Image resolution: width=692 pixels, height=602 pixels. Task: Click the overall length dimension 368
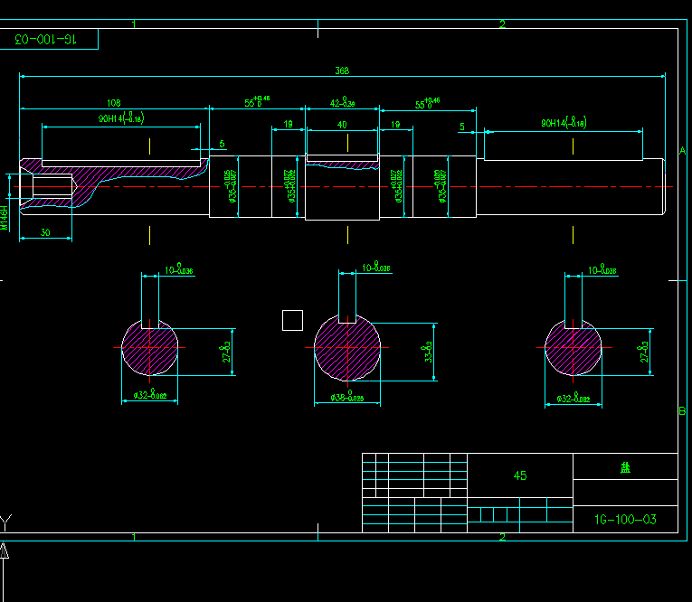point(342,71)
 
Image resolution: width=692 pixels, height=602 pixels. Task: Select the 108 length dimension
point(114,103)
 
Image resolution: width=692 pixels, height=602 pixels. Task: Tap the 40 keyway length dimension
point(342,124)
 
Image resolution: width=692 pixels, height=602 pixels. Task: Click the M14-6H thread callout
point(4,217)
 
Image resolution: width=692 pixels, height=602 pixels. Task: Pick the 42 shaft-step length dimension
point(342,103)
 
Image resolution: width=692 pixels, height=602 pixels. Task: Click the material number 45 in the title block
point(520,475)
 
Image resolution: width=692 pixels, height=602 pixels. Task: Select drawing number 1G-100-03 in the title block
point(625,519)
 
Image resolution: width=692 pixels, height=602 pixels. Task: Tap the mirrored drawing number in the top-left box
point(46,40)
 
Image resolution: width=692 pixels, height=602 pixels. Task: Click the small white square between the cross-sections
point(292,320)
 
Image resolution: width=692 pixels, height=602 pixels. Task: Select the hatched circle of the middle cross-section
point(347,348)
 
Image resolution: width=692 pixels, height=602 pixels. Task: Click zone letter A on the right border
point(683,149)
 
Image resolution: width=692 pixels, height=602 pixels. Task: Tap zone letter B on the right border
point(683,411)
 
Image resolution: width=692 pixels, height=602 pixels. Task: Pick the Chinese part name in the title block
point(625,467)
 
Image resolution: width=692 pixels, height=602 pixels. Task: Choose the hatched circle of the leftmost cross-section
point(150,348)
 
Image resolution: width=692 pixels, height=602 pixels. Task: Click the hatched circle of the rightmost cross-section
point(574,348)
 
